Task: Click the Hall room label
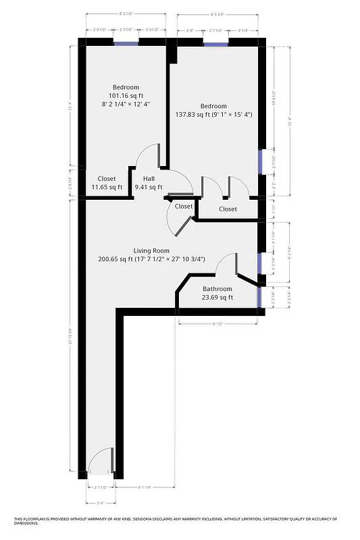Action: point(148,178)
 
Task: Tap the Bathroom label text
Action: point(217,289)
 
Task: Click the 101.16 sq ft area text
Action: point(126,96)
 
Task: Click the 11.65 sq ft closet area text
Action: point(107,187)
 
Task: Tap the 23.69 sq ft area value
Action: point(217,297)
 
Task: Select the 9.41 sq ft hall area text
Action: point(149,187)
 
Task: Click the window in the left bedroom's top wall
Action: point(126,43)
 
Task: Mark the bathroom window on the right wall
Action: point(259,296)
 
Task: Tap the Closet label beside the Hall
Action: point(107,178)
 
